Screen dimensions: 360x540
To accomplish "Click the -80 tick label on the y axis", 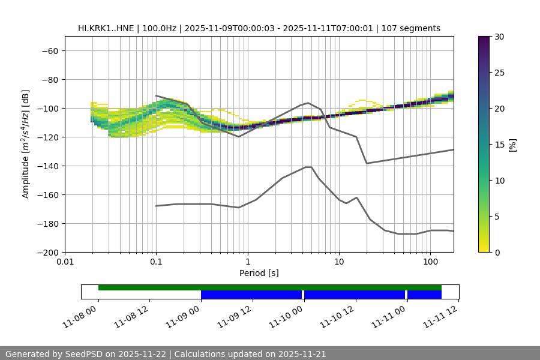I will click(x=49, y=80).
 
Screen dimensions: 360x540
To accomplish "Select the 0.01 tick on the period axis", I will click(x=65, y=262).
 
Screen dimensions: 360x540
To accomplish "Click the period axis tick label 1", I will click(x=247, y=262).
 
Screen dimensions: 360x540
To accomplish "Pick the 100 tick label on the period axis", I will click(x=430, y=262).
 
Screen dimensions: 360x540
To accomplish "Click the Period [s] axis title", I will click(x=259, y=273).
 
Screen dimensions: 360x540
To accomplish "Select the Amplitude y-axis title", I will click(x=26, y=144).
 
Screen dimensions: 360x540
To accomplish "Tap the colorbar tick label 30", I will click(x=499, y=37).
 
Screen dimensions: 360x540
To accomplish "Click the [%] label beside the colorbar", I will click(x=512, y=145).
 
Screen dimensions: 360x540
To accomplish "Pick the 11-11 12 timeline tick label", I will click(x=442, y=316).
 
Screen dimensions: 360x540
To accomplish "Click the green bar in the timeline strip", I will click(x=270, y=287).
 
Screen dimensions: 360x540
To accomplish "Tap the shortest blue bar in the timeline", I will click(x=424, y=295).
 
